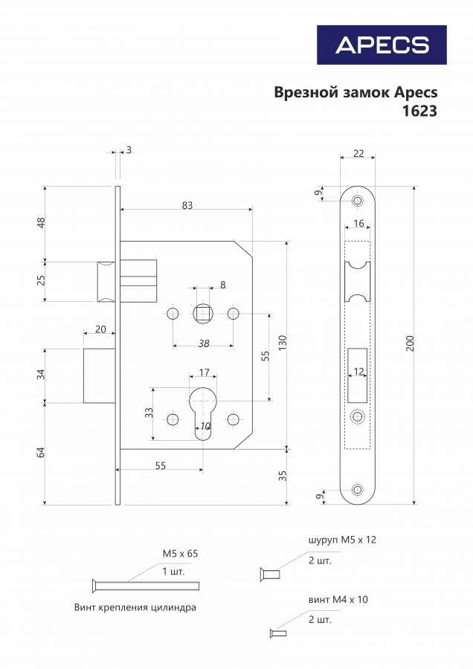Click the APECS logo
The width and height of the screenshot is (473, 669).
(382, 45)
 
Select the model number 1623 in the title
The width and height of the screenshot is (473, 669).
(419, 111)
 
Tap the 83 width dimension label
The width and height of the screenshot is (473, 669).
(187, 205)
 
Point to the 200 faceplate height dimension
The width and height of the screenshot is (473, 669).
(410, 343)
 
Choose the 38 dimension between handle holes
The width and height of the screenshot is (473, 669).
(204, 343)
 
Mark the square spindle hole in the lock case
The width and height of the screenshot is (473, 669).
(202, 314)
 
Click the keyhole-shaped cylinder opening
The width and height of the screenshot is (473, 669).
(203, 413)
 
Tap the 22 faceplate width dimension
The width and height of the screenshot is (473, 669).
(358, 153)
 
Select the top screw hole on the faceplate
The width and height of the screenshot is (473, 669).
(357, 201)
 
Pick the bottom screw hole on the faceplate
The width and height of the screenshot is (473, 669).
(357, 490)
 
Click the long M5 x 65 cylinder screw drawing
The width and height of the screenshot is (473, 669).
(145, 586)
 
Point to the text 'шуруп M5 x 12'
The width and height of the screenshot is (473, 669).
(342, 540)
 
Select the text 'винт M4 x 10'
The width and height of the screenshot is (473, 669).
(338, 599)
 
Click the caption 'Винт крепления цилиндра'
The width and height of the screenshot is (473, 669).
(135, 607)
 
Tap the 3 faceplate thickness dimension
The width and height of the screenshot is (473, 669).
(129, 150)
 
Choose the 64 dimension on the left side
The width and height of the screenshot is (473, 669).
(41, 453)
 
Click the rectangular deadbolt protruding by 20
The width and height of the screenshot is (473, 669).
(99, 375)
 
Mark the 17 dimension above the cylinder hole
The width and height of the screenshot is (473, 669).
(204, 372)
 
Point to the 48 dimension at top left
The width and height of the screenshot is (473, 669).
(41, 223)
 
